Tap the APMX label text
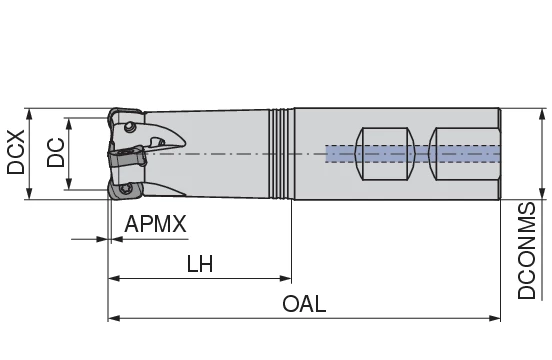click(155, 224)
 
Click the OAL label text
click(304, 304)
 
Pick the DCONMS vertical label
click(527, 250)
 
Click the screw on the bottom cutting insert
click(124, 187)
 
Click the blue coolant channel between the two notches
click(415, 153)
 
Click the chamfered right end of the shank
click(497, 153)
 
